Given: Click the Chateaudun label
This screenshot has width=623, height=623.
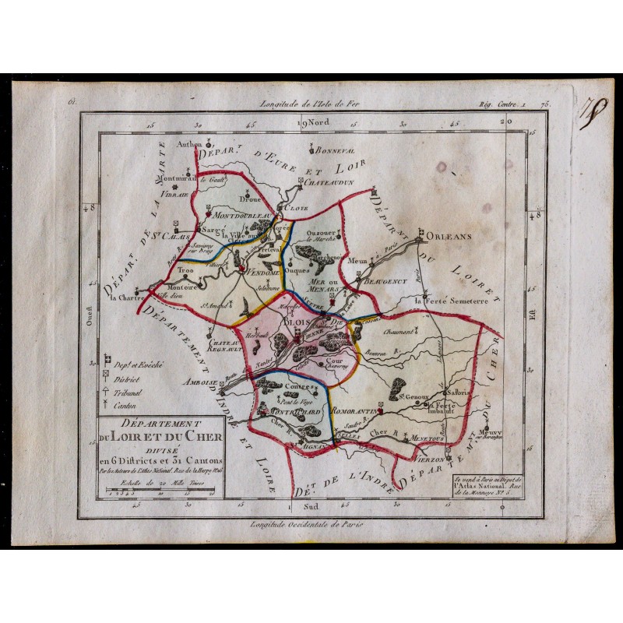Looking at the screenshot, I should pos(329,181).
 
